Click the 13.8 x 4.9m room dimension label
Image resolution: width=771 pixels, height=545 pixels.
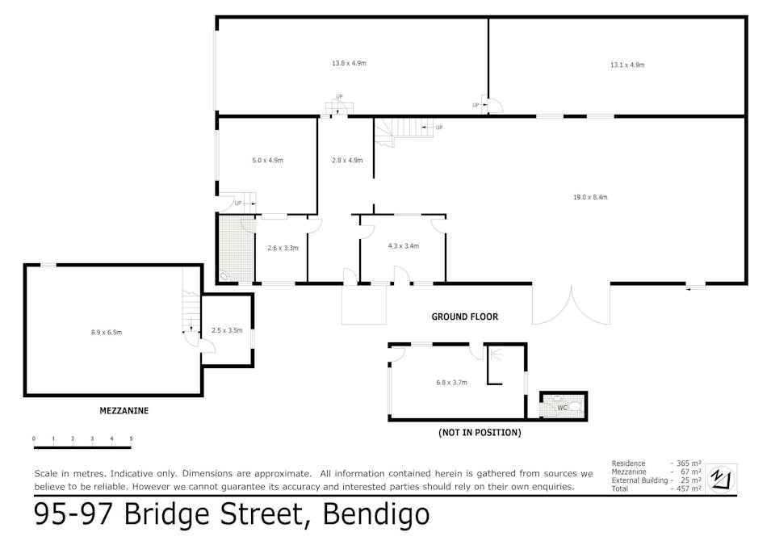pyautogui.click(x=349, y=63)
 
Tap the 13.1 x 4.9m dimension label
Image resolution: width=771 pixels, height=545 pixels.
pyautogui.click(x=627, y=65)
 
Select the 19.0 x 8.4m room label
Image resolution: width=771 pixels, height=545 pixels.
pyautogui.click(x=590, y=197)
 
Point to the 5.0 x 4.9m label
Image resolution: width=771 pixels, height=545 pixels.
pyautogui.click(x=267, y=161)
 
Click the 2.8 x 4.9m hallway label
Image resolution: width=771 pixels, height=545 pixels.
pyautogui.click(x=347, y=161)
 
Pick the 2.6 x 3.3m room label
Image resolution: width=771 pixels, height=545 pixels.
pyautogui.click(x=283, y=248)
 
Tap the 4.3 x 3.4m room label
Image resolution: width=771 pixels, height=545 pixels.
pyautogui.click(x=403, y=246)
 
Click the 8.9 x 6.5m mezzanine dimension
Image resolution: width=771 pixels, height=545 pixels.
pyautogui.click(x=107, y=333)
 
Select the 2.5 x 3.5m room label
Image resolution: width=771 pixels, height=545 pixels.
pyautogui.click(x=227, y=330)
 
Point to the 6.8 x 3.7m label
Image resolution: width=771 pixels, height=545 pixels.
pyautogui.click(x=451, y=382)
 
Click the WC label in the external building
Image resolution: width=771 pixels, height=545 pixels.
pyautogui.click(x=562, y=408)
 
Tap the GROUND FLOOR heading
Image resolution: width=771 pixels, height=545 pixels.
pyautogui.click(x=465, y=317)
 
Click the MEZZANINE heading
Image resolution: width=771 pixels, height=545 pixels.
pyautogui.click(x=124, y=411)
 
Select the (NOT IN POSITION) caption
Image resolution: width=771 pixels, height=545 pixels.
pyautogui.click(x=480, y=433)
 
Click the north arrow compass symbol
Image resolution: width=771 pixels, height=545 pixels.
pyautogui.click(x=721, y=479)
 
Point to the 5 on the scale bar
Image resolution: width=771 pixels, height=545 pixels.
pyautogui.click(x=131, y=438)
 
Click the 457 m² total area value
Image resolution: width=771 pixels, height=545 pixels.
pyautogui.click(x=689, y=489)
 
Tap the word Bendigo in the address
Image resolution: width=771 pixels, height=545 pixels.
pyautogui.click(x=376, y=514)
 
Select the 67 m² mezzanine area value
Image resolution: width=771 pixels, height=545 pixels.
pyautogui.click(x=691, y=472)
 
